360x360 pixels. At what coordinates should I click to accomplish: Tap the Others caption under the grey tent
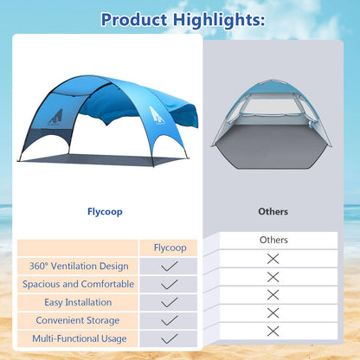click(x=273, y=211)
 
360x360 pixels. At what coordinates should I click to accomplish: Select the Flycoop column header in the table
click(x=170, y=247)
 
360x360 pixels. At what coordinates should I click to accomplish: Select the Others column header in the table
click(x=273, y=239)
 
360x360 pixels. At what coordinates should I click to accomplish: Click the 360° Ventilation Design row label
click(x=78, y=266)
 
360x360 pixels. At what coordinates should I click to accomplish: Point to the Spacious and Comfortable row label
click(x=78, y=284)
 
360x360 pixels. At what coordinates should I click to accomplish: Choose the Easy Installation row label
click(x=78, y=302)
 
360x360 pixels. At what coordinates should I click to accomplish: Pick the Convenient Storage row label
click(x=78, y=320)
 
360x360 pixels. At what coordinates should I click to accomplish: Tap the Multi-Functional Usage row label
click(x=78, y=338)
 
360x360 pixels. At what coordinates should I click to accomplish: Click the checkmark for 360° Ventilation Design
click(x=170, y=266)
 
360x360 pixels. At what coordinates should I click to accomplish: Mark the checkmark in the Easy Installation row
click(x=170, y=302)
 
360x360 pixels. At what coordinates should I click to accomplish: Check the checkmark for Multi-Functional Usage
click(x=170, y=338)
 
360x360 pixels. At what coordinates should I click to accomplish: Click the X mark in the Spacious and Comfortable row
click(x=273, y=276)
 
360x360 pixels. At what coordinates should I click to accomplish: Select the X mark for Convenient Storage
click(x=273, y=312)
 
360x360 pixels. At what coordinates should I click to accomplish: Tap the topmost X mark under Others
click(x=273, y=258)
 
